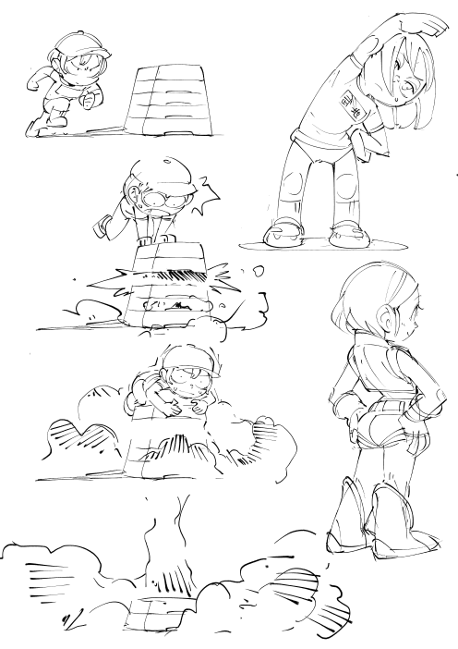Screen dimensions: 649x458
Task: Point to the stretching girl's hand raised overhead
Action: (368, 29)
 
